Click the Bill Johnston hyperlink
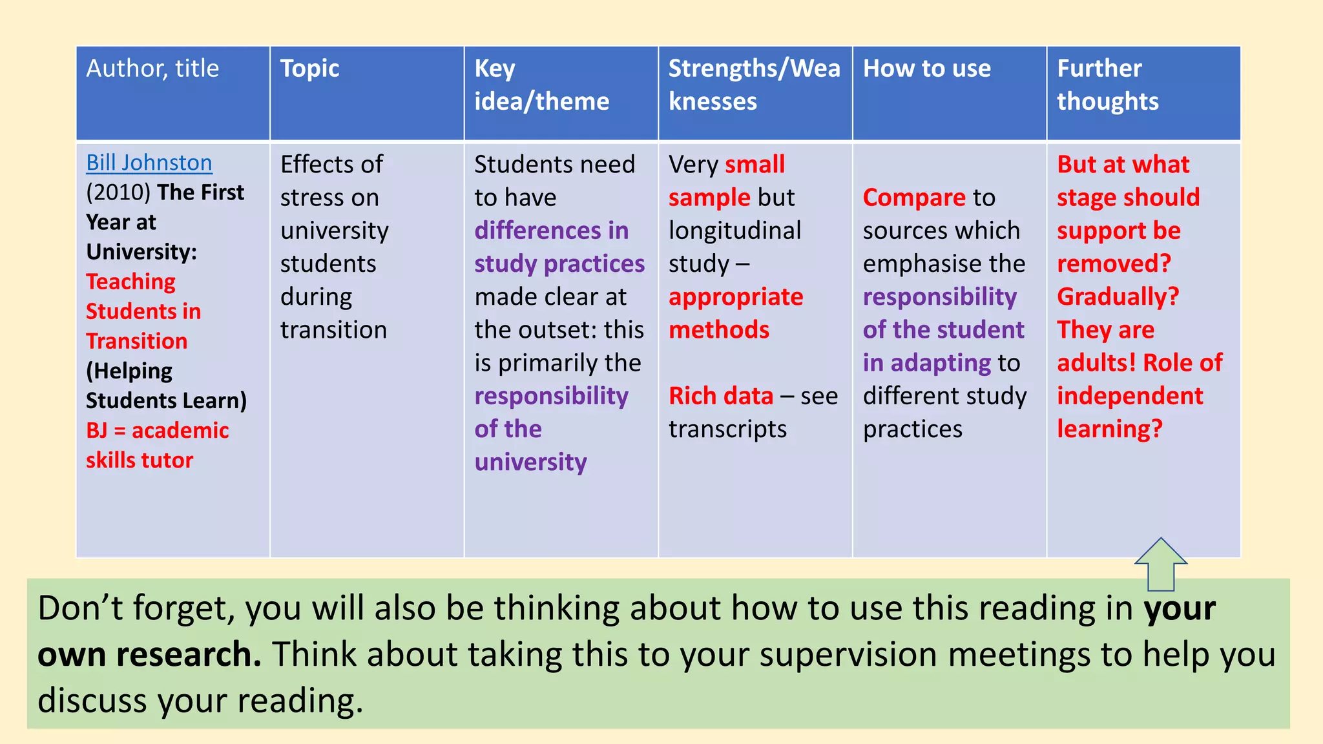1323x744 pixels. click(149, 163)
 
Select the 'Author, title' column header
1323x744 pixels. click(152, 68)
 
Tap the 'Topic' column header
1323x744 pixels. click(309, 68)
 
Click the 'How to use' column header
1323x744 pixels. click(926, 68)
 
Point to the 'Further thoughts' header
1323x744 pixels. click(1107, 85)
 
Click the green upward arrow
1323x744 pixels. click(1161, 564)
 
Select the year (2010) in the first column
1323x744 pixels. click(118, 192)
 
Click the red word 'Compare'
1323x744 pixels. click(913, 198)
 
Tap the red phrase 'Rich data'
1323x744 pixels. click(721, 396)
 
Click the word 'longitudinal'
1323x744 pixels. click(734, 231)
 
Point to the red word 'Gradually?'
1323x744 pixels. click(1118, 296)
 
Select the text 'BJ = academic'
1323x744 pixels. click(158, 430)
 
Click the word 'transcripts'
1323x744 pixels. click(727, 429)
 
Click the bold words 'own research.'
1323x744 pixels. click(149, 654)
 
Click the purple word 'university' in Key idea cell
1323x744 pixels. click(530, 462)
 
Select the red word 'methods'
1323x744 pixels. click(719, 330)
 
